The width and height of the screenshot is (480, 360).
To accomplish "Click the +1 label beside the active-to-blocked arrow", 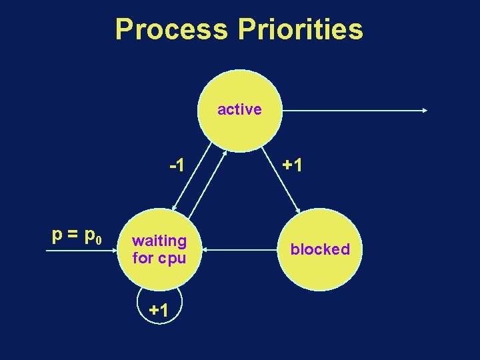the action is click(x=292, y=165).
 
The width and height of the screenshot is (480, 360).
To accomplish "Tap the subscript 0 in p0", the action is click(x=99, y=240).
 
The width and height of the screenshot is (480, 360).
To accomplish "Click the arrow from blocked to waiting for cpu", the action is click(x=240, y=251).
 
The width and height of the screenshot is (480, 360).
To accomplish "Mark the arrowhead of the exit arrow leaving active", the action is click(x=425, y=111).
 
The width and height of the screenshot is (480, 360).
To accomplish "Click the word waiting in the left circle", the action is click(x=159, y=240).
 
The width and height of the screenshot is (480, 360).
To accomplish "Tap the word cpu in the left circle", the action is click(x=171, y=257).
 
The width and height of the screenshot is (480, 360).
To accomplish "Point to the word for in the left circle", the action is click(x=143, y=257).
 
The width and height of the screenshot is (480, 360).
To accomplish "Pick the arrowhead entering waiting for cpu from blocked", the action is click(x=207, y=251).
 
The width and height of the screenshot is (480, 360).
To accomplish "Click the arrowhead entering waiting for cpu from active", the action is click(x=173, y=208).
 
